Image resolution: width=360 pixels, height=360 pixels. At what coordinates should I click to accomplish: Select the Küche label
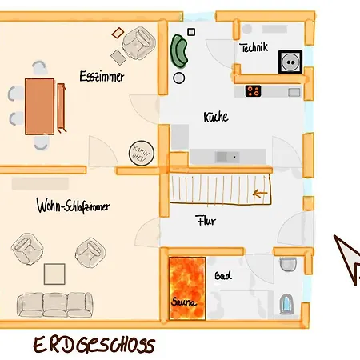tap(216, 117)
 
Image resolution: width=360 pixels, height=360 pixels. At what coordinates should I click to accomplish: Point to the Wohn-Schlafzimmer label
tap(73, 207)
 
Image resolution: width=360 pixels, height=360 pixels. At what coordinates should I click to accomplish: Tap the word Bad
tap(222, 276)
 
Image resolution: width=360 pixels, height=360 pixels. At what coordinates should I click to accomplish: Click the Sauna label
tap(185, 302)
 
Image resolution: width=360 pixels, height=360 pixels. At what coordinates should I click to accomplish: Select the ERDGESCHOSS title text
tap(94, 345)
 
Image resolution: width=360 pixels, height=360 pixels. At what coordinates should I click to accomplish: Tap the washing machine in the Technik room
tap(288, 62)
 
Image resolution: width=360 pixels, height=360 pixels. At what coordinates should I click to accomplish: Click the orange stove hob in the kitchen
tap(254, 90)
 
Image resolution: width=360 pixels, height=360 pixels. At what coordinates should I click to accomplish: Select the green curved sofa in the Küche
tap(179, 52)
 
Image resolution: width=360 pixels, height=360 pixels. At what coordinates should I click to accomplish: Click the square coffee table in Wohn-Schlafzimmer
tap(54, 273)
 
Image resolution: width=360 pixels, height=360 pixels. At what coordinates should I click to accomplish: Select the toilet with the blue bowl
tap(288, 305)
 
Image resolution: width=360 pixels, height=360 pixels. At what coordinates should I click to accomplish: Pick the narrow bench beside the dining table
tap(61, 105)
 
